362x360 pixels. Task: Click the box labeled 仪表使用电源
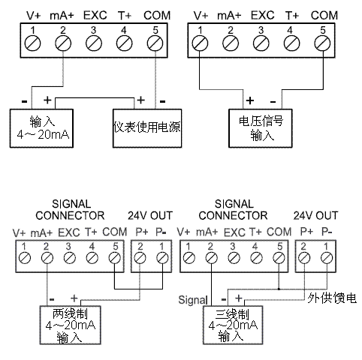coord(147,128)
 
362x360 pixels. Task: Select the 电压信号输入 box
coord(261,128)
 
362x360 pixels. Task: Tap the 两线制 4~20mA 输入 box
coord(71,325)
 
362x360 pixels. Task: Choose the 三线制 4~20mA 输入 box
coord(233,325)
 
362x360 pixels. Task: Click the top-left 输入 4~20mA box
coord(41,128)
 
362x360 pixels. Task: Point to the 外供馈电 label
coord(332,298)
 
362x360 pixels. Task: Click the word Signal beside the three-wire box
coord(193,300)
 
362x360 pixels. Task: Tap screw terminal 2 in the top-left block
coord(63,43)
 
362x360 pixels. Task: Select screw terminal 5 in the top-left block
coord(155,43)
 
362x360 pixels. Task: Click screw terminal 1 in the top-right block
coord(200,43)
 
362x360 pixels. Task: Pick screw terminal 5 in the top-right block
coord(322,43)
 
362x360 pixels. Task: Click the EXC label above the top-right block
coord(263,15)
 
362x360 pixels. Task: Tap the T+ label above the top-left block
coord(125,16)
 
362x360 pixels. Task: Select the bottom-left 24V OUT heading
coord(150,215)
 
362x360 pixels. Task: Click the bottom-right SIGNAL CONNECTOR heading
coord(233,210)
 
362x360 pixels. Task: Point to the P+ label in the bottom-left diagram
coord(142,232)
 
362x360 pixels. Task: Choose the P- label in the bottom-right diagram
coord(327,232)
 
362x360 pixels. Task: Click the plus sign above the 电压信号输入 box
coord(249,100)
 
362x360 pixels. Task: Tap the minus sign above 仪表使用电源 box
coord(162,101)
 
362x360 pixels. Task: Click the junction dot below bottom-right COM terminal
coord(279,289)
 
